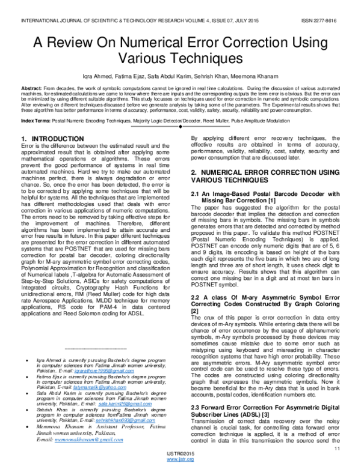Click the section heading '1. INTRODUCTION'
52,139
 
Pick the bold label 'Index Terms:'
35,121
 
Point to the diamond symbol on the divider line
180,129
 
